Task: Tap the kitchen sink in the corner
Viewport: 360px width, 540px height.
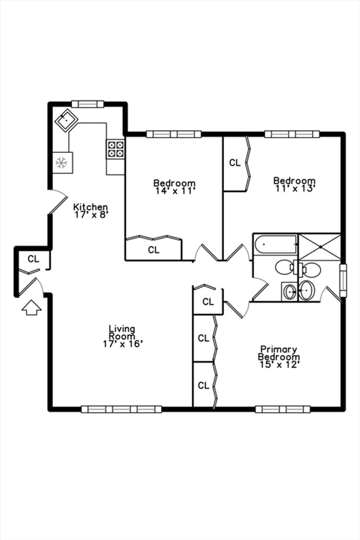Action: pos(66,121)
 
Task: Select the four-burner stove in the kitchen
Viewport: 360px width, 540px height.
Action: pos(116,149)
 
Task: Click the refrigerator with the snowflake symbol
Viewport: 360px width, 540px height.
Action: pos(63,163)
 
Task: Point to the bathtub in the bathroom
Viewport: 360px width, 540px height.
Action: pos(276,244)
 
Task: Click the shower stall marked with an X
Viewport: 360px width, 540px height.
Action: pos(320,247)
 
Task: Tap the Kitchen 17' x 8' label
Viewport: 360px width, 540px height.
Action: pos(90,211)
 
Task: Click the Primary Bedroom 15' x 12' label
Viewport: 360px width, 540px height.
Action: pos(279,357)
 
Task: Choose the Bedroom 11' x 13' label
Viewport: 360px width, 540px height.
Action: pos(294,185)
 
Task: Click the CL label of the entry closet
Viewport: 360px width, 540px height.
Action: pos(33,259)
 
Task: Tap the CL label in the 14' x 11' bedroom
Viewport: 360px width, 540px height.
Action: pos(154,250)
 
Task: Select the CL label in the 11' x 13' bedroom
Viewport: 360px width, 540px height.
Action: pos(235,163)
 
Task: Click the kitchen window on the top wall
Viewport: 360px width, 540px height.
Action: pos(88,104)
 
